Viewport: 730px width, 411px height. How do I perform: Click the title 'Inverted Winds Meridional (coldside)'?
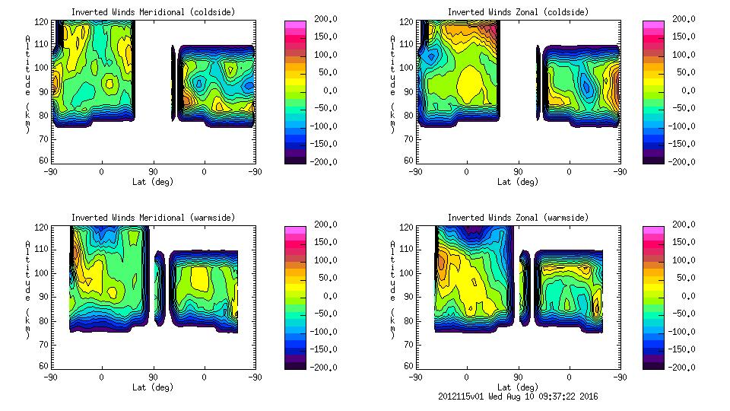[153, 12]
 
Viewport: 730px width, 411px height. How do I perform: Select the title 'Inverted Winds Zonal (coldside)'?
[518, 12]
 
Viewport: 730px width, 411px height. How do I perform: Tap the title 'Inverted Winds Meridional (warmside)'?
[153, 218]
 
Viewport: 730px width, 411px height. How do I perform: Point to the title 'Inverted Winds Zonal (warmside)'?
[518, 218]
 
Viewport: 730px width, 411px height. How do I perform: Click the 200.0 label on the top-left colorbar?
[316, 19]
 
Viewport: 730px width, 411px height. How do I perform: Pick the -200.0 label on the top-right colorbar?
[681, 161]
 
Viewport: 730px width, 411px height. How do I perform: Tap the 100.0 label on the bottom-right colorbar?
[681, 260]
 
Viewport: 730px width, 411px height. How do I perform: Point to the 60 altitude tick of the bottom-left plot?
[44, 366]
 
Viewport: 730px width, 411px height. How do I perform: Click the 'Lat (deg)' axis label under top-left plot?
[153, 182]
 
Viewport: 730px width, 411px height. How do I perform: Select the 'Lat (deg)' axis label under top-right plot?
[518, 182]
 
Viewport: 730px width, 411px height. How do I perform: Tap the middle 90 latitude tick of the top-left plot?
[153, 172]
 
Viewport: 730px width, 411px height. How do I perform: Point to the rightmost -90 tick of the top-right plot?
[620, 172]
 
